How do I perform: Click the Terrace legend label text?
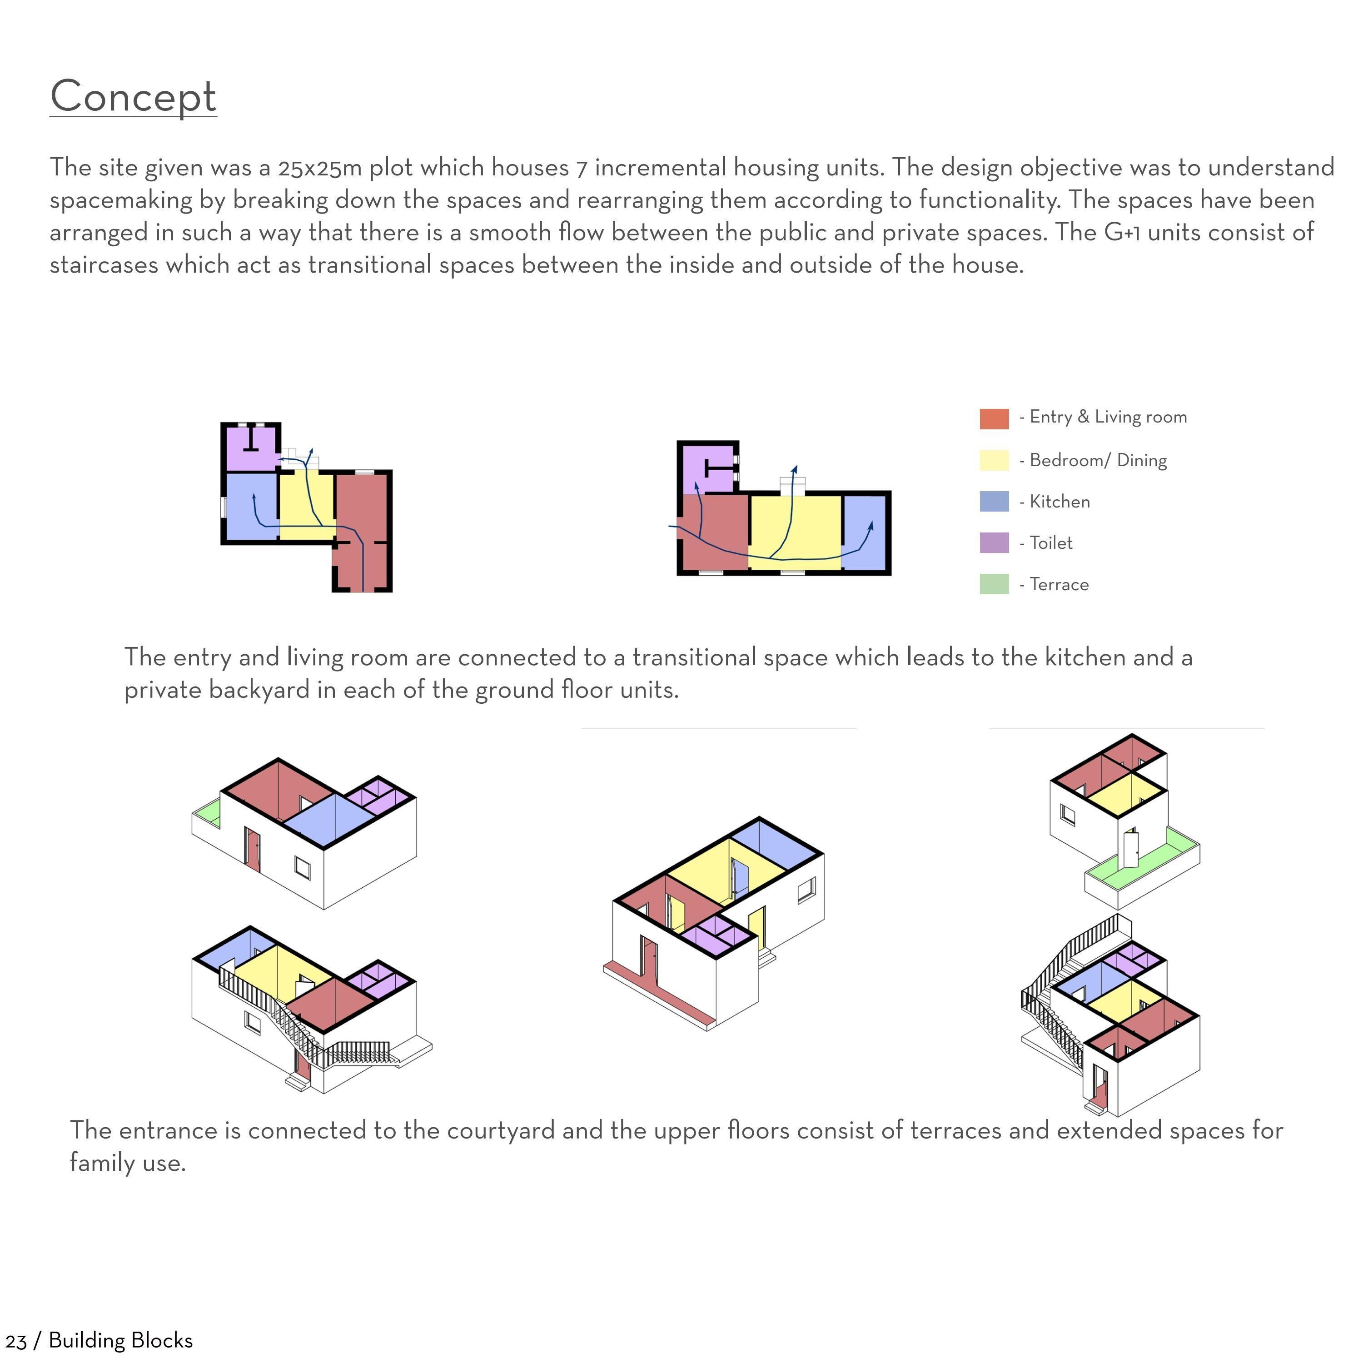tap(1058, 585)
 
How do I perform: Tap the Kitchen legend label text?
tap(1059, 502)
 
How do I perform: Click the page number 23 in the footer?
tap(15, 1340)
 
